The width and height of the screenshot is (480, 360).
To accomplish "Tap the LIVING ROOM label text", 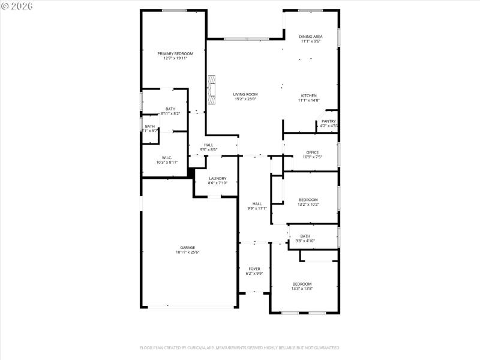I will [245, 94].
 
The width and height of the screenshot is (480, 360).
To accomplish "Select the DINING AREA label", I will [311, 37].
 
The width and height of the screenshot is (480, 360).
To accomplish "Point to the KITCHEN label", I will [308, 95].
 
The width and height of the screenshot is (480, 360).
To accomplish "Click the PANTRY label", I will [328, 121].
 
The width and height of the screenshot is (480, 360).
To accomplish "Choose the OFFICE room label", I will [312, 152].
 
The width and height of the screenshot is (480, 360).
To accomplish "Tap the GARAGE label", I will [187, 247].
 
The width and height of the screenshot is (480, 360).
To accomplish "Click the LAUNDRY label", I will [217, 178].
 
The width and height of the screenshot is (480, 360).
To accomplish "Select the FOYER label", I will [254, 268].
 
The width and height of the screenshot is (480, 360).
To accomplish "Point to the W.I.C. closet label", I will [167, 157].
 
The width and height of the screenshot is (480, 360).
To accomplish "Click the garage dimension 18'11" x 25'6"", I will [187, 253].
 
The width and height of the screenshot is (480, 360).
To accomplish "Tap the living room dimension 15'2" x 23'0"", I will [245, 99].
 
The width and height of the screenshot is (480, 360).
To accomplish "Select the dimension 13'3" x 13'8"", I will [302, 289].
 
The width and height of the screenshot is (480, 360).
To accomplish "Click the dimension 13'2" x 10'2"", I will [308, 205].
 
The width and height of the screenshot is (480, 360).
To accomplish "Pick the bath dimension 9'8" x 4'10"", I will [305, 241].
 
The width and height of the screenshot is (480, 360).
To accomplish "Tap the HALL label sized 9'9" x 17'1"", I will [257, 203].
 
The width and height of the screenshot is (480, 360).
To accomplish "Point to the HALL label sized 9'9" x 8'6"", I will [208, 145].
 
